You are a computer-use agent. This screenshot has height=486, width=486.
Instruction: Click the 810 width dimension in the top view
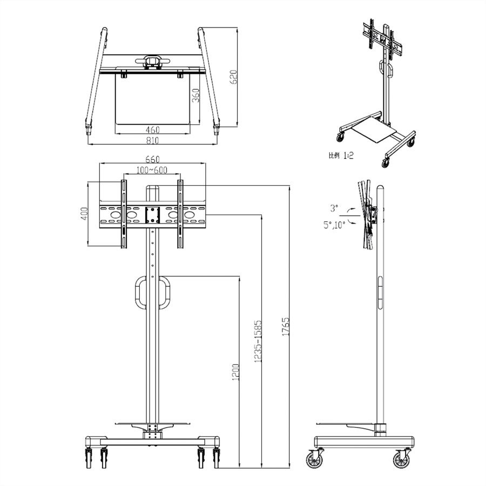click(x=152, y=140)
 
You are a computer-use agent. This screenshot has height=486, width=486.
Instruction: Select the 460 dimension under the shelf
click(x=152, y=130)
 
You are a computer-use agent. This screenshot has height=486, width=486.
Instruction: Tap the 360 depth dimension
click(x=195, y=95)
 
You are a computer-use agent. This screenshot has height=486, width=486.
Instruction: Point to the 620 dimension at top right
click(x=233, y=77)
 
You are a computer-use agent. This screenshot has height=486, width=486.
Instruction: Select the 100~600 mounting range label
click(x=152, y=170)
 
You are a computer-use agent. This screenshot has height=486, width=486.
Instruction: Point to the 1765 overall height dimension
click(x=286, y=327)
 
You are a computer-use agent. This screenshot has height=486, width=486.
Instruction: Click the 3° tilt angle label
click(x=335, y=207)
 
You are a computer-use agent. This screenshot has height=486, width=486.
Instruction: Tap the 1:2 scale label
click(x=341, y=156)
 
